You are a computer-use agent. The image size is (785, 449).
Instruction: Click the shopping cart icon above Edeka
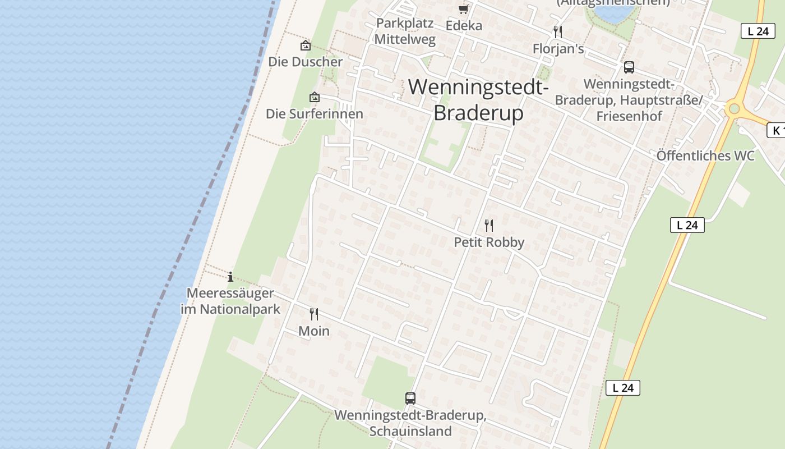pos(463,9)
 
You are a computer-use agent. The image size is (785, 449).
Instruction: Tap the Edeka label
pos(464,25)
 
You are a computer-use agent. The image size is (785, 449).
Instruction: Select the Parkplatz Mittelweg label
pos(405,31)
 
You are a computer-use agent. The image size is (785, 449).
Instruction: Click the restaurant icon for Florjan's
pos(557,31)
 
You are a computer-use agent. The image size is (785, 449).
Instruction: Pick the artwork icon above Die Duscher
pos(306,45)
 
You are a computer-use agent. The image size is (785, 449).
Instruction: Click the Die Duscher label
pos(306,62)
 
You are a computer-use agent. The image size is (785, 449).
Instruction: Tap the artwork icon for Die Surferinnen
pos(315,97)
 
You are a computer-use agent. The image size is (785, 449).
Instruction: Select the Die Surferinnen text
pos(315,114)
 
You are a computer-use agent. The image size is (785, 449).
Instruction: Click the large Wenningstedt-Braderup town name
pos(478,100)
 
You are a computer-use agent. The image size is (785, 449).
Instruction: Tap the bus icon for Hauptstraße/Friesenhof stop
pos(629,67)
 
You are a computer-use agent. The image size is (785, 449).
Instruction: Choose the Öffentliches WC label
pos(705,155)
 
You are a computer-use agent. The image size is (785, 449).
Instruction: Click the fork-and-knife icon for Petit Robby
pos(489,226)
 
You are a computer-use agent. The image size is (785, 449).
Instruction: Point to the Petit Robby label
pos(489,242)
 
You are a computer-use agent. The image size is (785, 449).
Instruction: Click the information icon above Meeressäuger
pos(230,277)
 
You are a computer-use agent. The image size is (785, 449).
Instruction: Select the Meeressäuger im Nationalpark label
pos(230,301)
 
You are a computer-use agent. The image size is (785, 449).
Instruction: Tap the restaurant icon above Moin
pos(314,314)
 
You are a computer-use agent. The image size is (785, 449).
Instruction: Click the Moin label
pos(314,331)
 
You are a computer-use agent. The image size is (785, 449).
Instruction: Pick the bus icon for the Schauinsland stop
pos(410,398)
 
